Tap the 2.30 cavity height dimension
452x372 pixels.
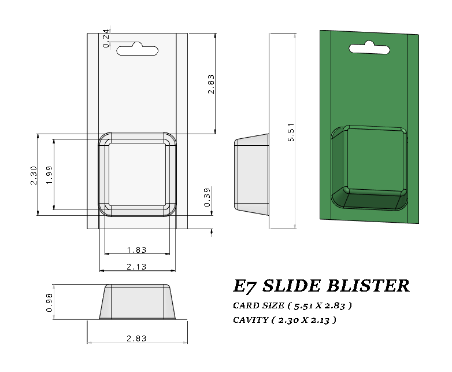(34, 175)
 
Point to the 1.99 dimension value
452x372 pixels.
(50, 175)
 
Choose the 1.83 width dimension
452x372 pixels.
(136, 250)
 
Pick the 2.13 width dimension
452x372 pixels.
(136, 266)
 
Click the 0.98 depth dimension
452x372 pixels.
(49, 302)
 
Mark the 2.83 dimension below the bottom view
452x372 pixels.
(136, 338)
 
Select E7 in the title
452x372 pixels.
(244, 286)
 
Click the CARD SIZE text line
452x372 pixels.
(292, 305)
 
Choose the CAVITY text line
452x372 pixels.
(284, 319)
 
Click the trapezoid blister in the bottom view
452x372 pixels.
(137, 301)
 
